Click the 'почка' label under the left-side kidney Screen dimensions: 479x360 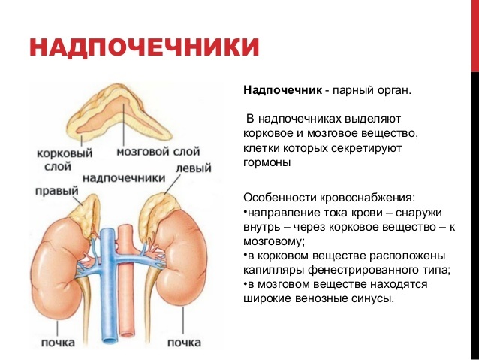[58, 343]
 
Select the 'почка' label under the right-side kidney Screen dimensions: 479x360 [185, 343]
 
